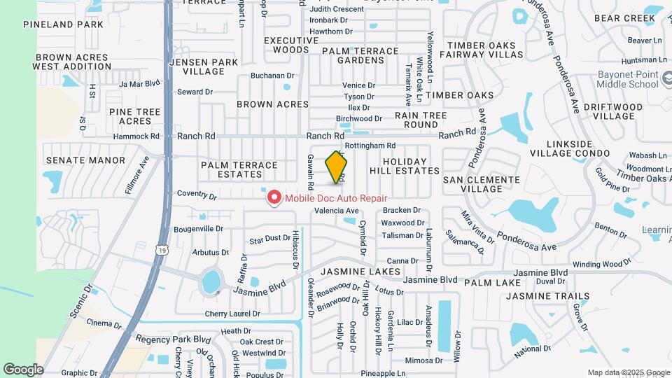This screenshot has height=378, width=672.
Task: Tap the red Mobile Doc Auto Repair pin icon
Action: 273,199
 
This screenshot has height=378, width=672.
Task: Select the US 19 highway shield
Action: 163,248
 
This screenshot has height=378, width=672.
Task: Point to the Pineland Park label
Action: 63,24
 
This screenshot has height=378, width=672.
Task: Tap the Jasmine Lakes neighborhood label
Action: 360,271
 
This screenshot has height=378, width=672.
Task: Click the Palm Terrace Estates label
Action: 239,170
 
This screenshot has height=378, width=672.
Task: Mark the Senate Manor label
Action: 85,160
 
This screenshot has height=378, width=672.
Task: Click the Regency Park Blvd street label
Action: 173,339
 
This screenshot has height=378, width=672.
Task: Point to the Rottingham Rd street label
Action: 370,146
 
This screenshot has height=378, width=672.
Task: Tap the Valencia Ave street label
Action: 336,211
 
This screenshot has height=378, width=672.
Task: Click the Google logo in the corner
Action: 23,369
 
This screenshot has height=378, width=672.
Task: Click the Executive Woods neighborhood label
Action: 286,45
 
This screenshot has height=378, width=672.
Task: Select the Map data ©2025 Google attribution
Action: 628,372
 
